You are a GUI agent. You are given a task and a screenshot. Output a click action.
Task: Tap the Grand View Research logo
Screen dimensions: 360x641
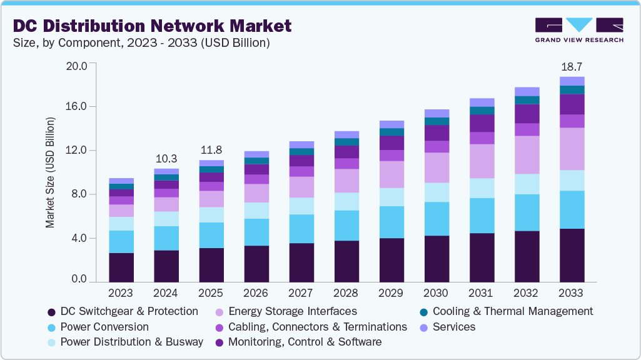click(579, 29)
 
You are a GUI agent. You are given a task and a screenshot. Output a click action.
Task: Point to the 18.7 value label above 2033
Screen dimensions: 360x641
click(572, 66)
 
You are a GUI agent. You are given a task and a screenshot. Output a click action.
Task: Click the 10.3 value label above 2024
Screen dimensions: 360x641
click(166, 159)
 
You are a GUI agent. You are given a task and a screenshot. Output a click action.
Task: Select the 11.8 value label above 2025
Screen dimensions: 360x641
click(211, 150)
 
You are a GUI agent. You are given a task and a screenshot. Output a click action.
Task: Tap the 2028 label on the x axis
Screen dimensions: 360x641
click(346, 293)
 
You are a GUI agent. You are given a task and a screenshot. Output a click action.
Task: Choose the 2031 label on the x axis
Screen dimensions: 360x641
click(482, 293)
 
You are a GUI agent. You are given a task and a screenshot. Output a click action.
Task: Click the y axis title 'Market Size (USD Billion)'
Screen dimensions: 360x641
click(50, 172)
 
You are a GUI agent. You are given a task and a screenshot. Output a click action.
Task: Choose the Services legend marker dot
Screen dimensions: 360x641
click(423, 327)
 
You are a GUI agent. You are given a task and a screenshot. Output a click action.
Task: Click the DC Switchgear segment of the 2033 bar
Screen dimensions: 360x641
click(572, 255)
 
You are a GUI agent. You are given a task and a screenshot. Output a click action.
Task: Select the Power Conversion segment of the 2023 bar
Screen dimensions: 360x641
click(121, 242)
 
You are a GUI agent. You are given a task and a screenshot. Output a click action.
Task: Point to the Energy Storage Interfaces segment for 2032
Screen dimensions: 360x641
click(527, 154)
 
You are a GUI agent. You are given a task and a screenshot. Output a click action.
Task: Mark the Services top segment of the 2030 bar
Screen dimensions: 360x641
click(437, 113)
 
